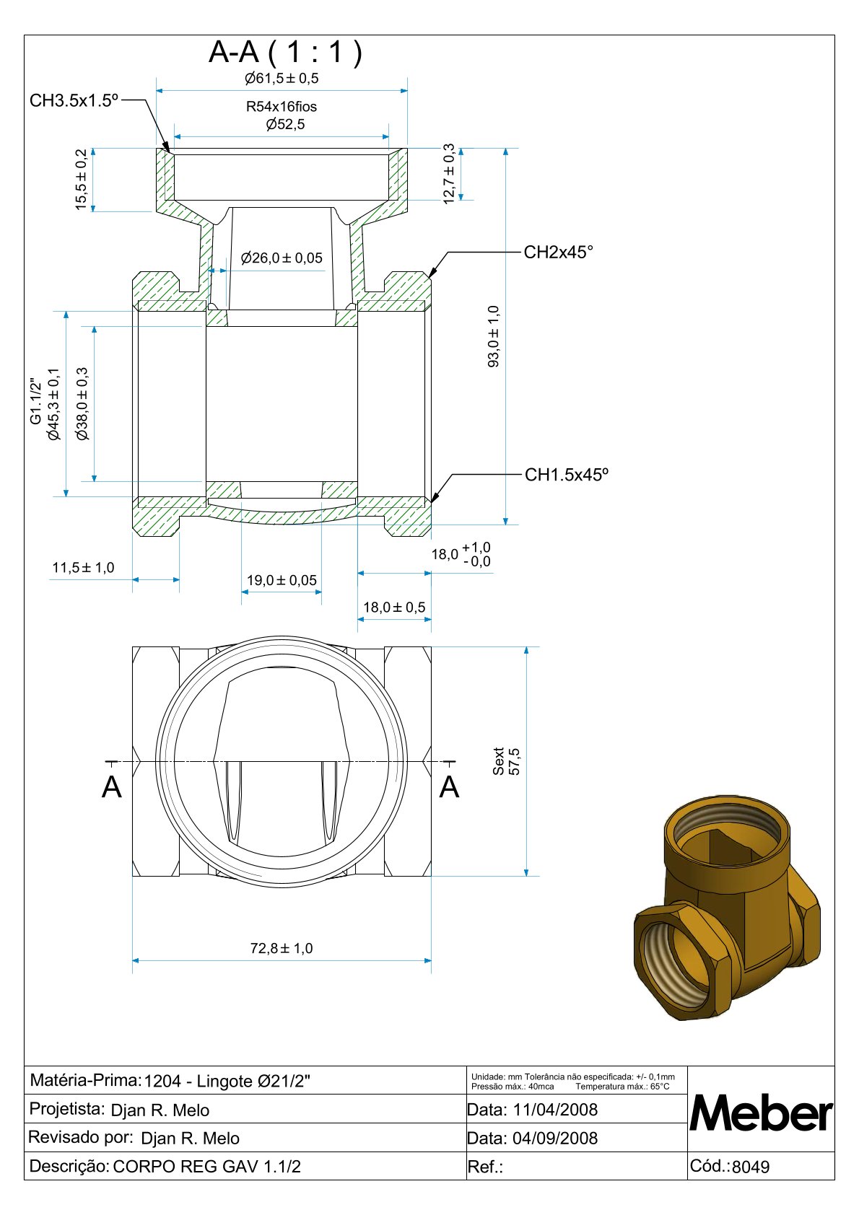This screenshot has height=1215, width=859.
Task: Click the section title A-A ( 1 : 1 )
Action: click(285, 52)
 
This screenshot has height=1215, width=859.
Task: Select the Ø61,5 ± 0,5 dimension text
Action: click(282, 78)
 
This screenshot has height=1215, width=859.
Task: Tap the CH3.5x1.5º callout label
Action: click(74, 100)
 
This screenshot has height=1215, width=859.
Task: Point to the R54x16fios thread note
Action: click(282, 107)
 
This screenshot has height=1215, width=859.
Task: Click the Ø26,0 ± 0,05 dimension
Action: click(282, 258)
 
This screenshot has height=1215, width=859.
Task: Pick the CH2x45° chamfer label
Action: click(558, 252)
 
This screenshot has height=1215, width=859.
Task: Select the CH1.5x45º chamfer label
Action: click(566, 475)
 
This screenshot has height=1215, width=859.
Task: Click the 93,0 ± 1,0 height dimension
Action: click(494, 336)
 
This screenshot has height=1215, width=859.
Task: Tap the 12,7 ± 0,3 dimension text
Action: click(449, 174)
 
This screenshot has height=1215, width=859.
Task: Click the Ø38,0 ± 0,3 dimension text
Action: click(82, 403)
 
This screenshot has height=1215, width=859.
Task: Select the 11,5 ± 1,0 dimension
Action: click(83, 568)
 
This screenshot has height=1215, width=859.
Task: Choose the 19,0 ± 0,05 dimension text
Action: click(282, 580)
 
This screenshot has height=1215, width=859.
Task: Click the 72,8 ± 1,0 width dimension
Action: click(282, 948)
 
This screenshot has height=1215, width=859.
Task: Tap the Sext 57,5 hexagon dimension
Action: click(506, 761)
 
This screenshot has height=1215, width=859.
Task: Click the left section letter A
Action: click(112, 787)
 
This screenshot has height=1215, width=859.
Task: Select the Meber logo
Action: click(761, 1114)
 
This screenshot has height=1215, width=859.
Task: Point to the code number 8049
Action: click(751, 1167)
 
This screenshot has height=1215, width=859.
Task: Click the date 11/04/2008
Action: click(555, 1110)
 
